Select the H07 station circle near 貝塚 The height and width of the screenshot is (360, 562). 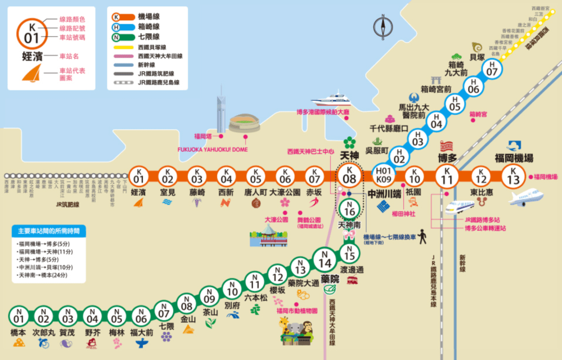492,69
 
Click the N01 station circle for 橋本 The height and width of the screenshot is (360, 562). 18,317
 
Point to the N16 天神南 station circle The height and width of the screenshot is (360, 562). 349,209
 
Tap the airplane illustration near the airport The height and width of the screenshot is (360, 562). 526,197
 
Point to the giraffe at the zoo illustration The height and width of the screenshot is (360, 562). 285,326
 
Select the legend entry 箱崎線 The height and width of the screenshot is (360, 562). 147,26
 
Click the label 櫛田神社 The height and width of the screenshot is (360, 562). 403,214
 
